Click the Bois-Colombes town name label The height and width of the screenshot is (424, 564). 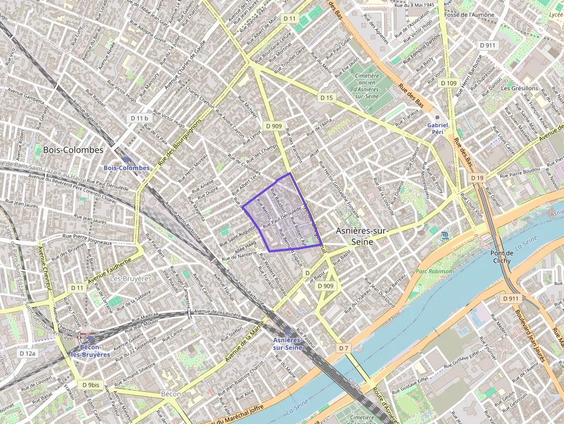point(73,150)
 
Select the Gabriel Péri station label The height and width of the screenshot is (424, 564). point(437,128)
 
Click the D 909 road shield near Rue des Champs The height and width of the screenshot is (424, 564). point(274,125)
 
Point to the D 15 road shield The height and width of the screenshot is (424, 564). point(326,98)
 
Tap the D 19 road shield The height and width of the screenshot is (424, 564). point(477,178)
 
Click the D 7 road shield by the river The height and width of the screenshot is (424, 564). point(344,348)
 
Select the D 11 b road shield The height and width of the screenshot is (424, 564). point(139,118)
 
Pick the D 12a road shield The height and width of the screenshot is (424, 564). point(27,353)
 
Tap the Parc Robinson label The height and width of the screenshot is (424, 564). point(435,272)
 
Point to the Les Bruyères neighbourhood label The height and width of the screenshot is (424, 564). point(131,278)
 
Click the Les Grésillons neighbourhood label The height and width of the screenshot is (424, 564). point(519,89)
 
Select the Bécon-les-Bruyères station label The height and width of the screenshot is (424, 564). point(90,350)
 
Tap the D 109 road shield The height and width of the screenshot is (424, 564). point(448,83)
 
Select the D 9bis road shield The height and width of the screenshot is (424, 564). point(91,385)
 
